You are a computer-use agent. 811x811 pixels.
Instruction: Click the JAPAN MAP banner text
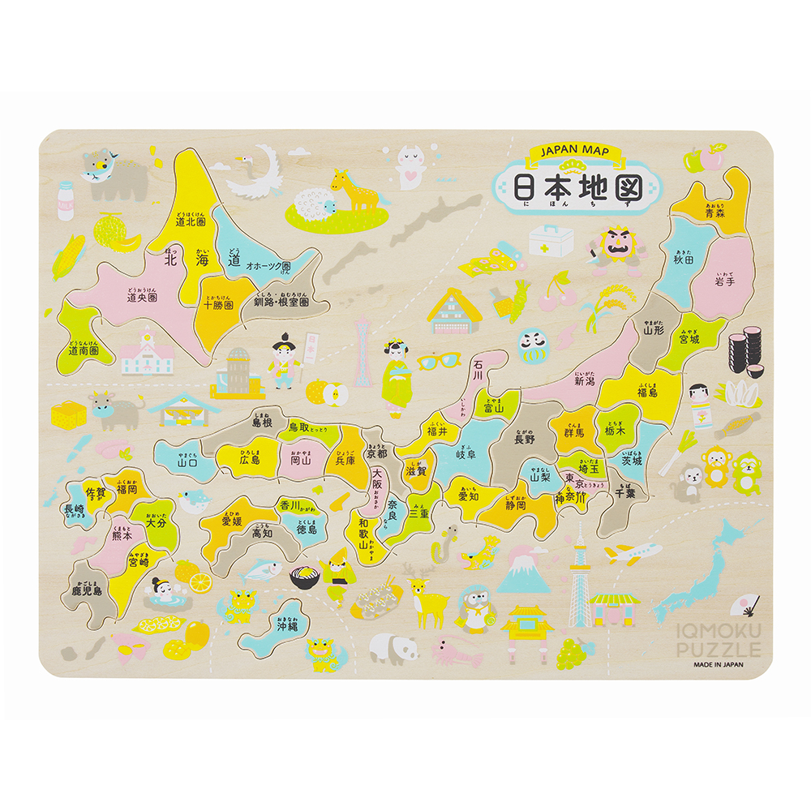[576, 152]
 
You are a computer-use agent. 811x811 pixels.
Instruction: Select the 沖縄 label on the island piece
[288, 625]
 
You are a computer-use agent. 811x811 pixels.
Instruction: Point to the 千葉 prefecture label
[624, 491]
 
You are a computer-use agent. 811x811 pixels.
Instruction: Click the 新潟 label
[585, 380]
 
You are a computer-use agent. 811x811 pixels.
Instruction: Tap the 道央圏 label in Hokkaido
[142, 297]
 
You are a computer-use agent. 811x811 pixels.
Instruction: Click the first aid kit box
[551, 241]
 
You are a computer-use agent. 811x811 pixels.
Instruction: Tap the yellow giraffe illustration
[355, 190]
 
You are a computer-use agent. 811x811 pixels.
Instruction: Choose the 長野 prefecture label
[525, 439]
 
